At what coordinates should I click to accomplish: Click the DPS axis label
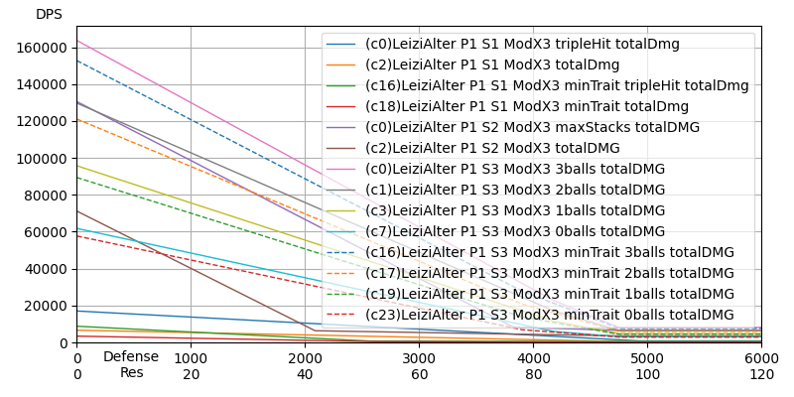(x=49, y=15)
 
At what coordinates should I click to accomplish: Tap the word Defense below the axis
(x=131, y=356)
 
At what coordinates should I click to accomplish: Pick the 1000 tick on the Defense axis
(x=191, y=357)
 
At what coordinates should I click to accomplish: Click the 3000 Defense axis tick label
(x=419, y=357)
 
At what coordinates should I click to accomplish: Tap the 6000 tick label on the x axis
(x=761, y=357)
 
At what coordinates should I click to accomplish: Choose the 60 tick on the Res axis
(x=419, y=374)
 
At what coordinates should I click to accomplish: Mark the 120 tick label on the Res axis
(x=761, y=374)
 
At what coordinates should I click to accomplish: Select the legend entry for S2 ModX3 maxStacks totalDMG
(x=532, y=128)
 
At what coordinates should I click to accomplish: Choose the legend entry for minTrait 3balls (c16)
(x=549, y=253)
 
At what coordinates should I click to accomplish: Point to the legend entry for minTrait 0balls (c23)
(x=549, y=316)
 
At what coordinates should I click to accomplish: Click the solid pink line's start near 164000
(x=78, y=41)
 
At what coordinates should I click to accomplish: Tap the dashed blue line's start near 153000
(x=78, y=61)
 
